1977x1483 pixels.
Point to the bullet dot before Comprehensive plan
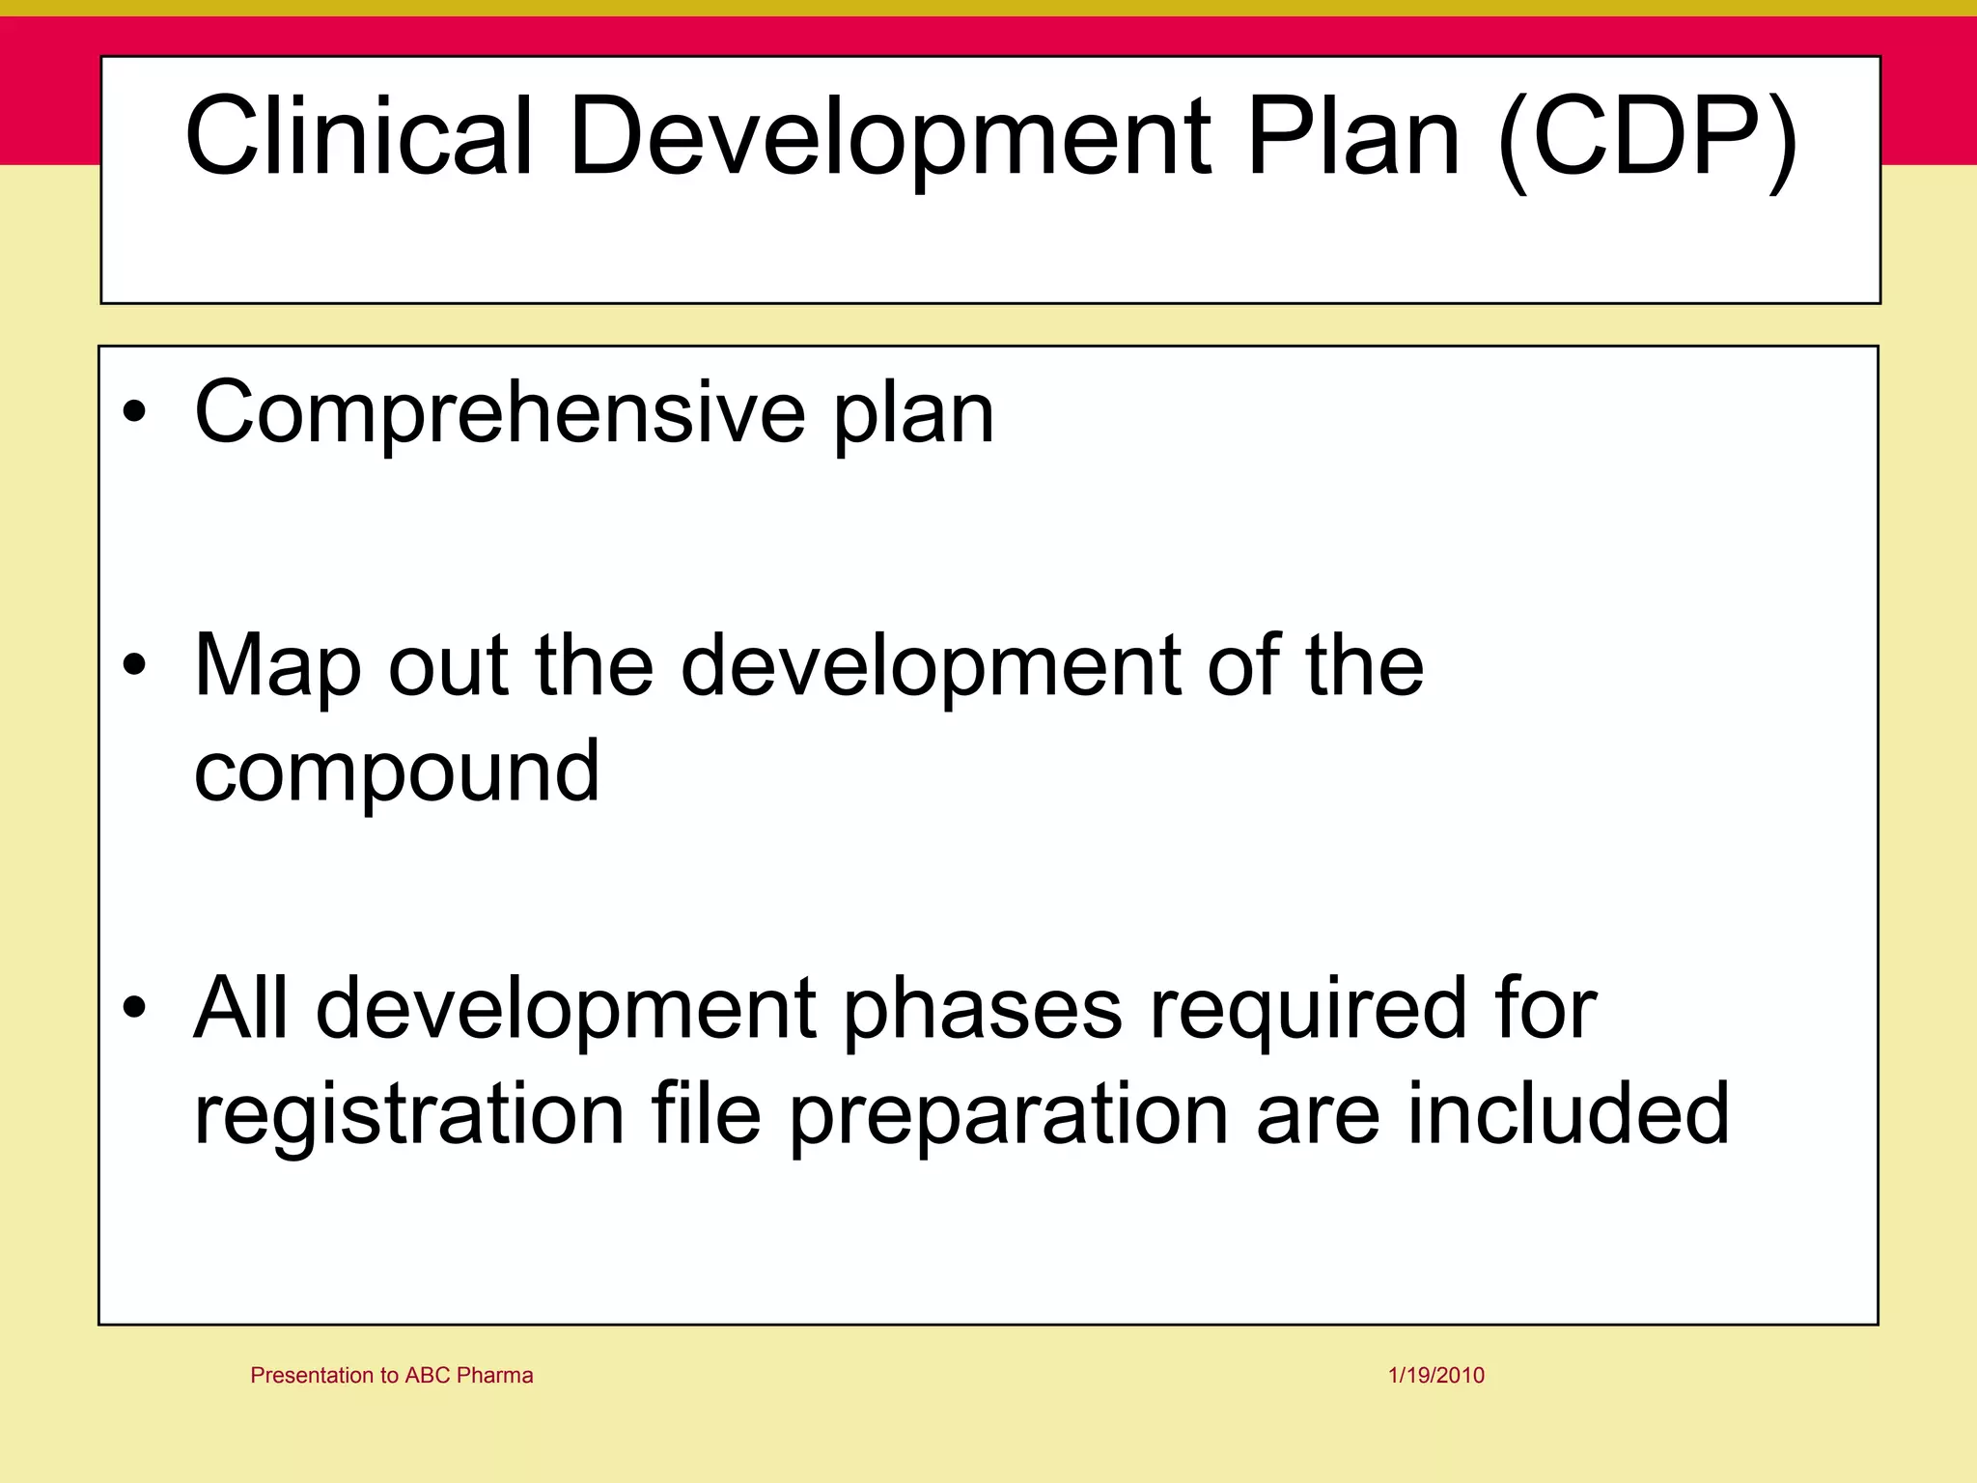135,413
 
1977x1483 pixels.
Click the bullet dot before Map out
135,666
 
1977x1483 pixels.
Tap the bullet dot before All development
135,1009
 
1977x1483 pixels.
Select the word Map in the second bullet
277,666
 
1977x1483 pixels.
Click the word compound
397,772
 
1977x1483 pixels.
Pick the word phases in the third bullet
983,1009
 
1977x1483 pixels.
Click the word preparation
1010,1115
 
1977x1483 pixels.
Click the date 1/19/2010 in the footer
1436,1375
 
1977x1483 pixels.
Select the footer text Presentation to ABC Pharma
391,1375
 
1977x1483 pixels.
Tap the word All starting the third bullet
240,1009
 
